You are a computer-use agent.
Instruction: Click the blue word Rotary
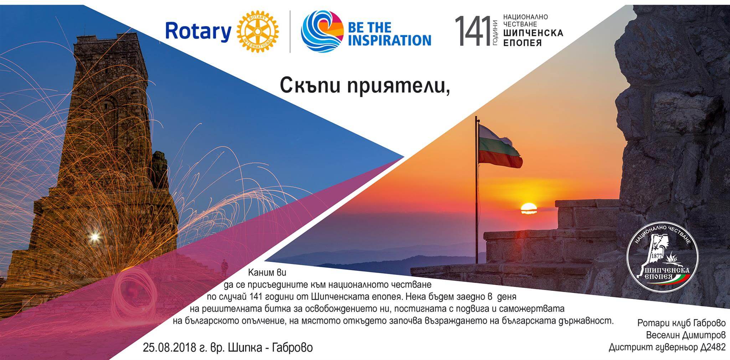[x=198, y=31]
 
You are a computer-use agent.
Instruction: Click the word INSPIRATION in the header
[x=389, y=40]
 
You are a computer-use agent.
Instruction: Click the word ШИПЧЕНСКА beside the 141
[x=533, y=33]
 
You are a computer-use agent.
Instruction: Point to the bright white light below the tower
[x=95, y=236]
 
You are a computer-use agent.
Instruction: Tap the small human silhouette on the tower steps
[x=224, y=268]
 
